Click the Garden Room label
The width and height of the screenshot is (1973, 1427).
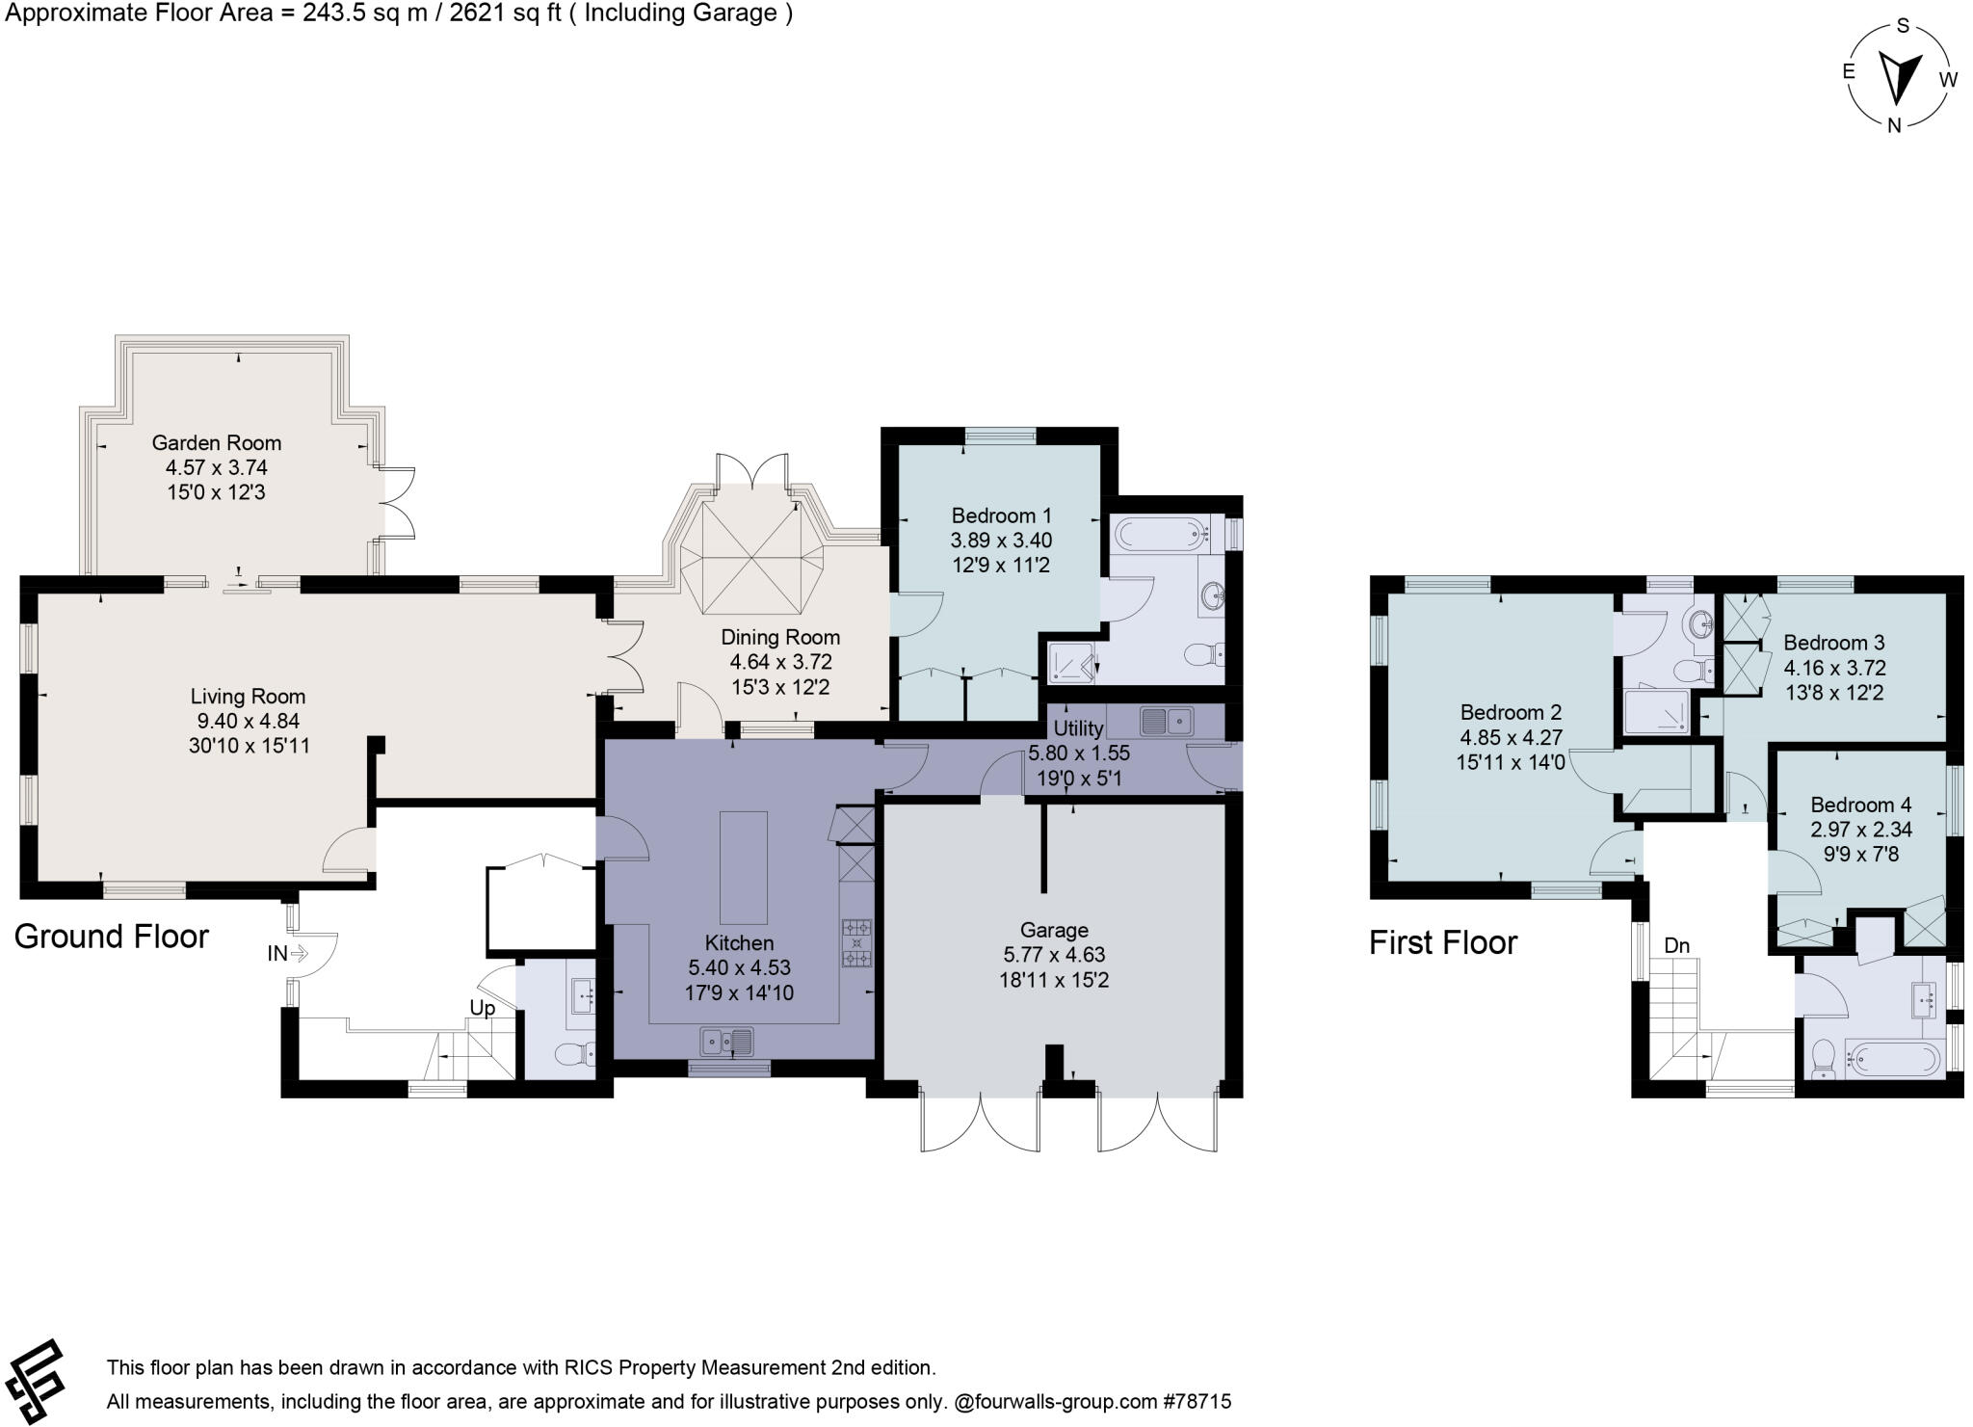point(217,443)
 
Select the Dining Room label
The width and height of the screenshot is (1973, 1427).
point(780,637)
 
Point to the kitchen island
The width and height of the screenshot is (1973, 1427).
point(744,867)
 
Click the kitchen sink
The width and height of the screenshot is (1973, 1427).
point(728,1041)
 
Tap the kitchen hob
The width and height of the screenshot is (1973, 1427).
point(856,943)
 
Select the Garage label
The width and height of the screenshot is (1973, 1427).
point(1054,930)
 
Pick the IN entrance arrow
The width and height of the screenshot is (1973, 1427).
point(298,954)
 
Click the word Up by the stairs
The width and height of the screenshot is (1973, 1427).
point(482,1008)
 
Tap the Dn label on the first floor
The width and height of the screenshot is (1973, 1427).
point(1677,945)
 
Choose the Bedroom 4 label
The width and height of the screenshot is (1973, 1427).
point(1861,805)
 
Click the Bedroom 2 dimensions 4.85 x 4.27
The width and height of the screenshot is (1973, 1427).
point(1511,737)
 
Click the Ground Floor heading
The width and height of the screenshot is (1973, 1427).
point(112,937)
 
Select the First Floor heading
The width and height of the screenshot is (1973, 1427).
point(1443,942)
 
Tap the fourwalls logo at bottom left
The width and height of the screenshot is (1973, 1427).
point(35,1381)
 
